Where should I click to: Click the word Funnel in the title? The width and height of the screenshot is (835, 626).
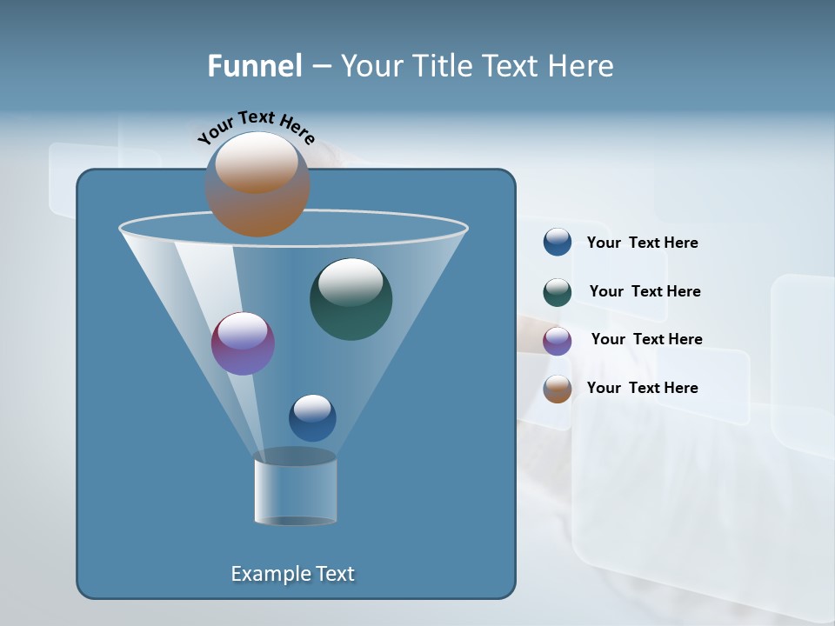click(x=255, y=66)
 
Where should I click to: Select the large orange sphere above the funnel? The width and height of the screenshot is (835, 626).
click(x=257, y=183)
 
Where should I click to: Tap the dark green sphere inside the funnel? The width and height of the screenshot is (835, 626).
click(x=351, y=299)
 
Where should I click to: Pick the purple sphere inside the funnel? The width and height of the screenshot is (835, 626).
click(x=243, y=343)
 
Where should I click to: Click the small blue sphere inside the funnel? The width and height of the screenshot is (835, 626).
click(x=312, y=417)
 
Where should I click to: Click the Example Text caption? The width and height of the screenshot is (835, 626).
click(x=292, y=574)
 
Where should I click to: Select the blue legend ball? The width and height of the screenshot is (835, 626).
click(x=558, y=243)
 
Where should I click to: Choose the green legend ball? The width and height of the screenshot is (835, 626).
click(x=558, y=292)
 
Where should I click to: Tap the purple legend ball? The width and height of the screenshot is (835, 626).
click(x=558, y=341)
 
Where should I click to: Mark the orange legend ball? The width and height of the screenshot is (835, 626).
click(x=558, y=389)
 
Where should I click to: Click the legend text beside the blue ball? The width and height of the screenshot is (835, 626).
click(x=642, y=243)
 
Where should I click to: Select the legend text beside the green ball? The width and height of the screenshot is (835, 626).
click(x=645, y=292)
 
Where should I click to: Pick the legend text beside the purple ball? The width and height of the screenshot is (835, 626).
click(x=646, y=340)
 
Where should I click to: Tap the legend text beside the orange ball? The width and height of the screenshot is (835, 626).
click(x=642, y=389)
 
